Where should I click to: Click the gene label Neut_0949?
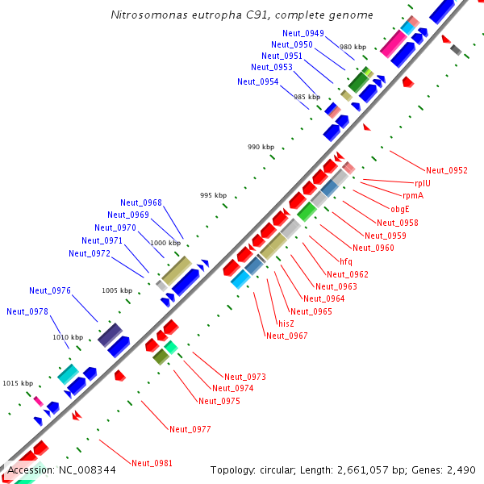[303, 33]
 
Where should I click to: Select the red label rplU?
[423, 183]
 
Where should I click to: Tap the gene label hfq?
[345, 261]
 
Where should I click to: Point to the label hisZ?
[286, 323]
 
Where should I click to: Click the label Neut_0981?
[152, 463]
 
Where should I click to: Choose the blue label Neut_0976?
[50, 290]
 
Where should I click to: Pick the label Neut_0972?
[90, 253]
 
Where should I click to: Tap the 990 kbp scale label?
[261, 148]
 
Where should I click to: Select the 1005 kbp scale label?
[116, 290]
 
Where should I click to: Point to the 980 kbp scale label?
[353, 48]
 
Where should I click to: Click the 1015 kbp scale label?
[17, 383]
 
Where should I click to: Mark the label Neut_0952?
[447, 170]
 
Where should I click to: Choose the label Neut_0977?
[190, 429]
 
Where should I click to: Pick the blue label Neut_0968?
[141, 202]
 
